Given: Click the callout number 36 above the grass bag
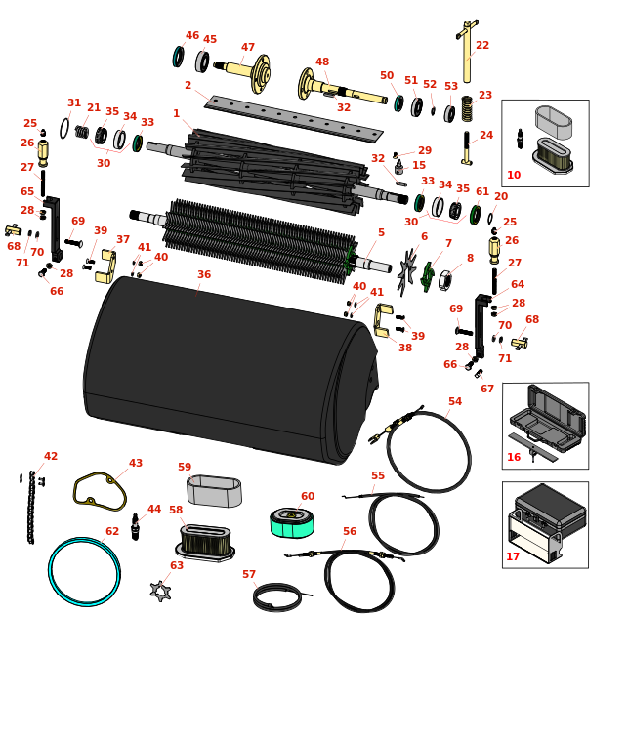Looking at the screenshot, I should [x=203, y=275].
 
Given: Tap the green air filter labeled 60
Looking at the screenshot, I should [x=291, y=522].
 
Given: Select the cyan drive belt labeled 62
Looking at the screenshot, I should [x=84, y=571].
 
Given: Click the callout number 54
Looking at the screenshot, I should [x=455, y=402].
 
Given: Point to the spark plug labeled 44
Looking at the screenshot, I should [x=135, y=528].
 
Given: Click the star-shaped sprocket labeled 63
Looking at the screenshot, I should [x=160, y=590].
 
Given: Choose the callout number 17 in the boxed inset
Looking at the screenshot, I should [x=513, y=557].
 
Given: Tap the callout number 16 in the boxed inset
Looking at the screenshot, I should [x=514, y=457].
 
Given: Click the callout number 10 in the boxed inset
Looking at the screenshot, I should [x=514, y=176].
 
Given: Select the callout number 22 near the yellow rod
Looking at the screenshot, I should [x=482, y=46].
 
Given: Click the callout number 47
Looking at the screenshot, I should [x=248, y=48].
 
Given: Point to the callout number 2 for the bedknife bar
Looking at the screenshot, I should [x=188, y=86].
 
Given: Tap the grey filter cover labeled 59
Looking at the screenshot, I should [x=214, y=491].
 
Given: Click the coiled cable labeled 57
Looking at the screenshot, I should [x=278, y=596].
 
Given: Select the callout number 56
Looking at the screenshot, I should [x=349, y=532].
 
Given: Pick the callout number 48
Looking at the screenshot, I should [x=322, y=62].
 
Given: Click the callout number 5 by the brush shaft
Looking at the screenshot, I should [x=381, y=233].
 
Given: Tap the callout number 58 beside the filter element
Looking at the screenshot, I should [x=176, y=511].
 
